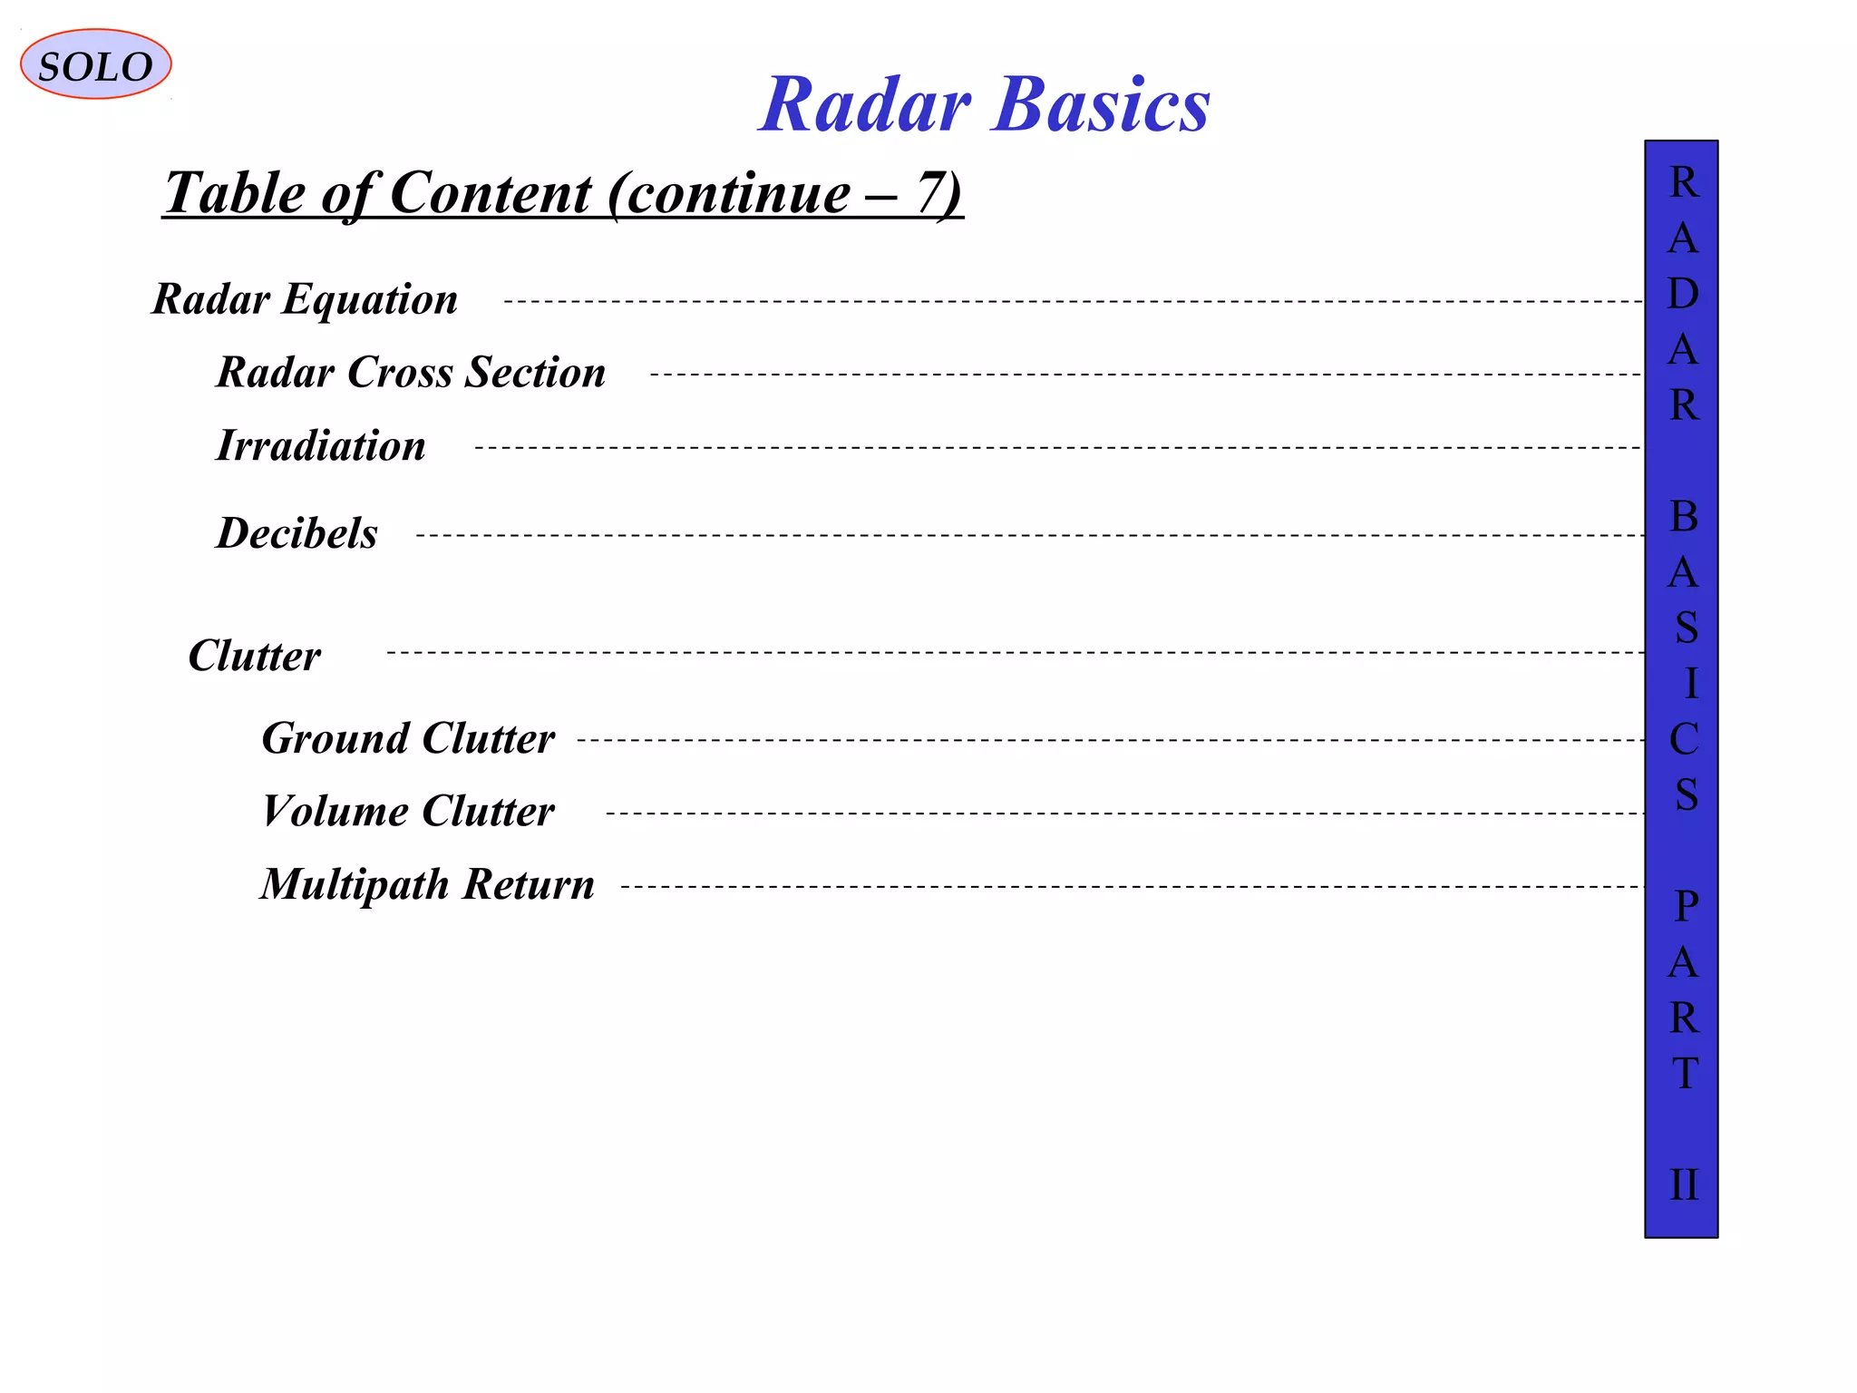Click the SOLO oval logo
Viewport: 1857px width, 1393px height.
pos(95,64)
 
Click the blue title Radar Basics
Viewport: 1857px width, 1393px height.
pos(984,104)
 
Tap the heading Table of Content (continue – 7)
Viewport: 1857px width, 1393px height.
pos(562,192)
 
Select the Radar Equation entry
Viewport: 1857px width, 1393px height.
pos(305,298)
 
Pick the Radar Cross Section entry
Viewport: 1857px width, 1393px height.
pos(411,372)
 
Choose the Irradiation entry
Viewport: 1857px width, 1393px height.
pos(320,445)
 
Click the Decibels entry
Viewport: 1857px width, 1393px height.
pos(297,532)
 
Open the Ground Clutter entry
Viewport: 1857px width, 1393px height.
pos(408,737)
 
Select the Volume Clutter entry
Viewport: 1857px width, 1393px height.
pos(408,811)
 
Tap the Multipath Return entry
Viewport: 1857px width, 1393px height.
pos(427,884)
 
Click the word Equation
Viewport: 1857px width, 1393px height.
pos(370,299)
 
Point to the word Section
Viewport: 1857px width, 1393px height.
pos(535,372)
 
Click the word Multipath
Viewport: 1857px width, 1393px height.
pos(355,885)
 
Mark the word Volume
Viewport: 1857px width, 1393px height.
pos(335,811)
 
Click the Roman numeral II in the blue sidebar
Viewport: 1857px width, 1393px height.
pos(1683,1185)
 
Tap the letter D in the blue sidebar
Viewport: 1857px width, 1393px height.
pos(1683,294)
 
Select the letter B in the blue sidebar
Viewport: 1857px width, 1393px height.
pos(1683,517)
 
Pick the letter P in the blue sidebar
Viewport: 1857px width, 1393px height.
pos(1685,906)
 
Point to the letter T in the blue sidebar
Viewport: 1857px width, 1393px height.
pos(1684,1074)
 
